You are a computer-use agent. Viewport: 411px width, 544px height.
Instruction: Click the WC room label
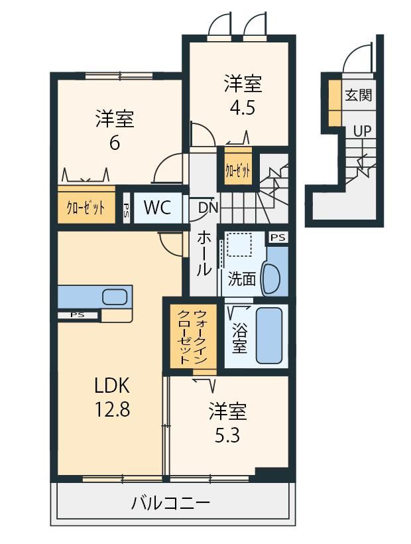coord(157,208)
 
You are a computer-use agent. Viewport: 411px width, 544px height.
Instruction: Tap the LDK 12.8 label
coord(113,397)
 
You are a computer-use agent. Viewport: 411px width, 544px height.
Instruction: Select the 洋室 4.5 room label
coord(243,94)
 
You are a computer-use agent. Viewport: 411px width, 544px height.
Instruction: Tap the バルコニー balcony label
coord(170,503)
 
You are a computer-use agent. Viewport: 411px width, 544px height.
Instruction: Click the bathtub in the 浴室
coord(269,335)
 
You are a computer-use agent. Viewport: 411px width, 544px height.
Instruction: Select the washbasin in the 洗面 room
coord(271,278)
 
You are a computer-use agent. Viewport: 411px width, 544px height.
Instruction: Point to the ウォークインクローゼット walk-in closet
coord(193,336)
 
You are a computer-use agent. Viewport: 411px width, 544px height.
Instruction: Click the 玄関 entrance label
coord(359,95)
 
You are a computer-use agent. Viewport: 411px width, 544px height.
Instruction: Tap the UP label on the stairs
coord(362,131)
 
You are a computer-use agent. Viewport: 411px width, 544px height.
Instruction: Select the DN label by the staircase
coord(208,208)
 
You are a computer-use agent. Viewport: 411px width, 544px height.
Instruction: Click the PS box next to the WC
coord(127,208)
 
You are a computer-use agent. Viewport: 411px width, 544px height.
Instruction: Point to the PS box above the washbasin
coord(278,238)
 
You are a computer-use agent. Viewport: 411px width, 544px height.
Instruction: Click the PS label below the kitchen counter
coord(78,315)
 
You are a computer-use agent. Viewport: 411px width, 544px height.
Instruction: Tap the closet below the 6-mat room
coord(86,208)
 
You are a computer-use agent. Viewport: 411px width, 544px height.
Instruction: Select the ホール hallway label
coord(204,254)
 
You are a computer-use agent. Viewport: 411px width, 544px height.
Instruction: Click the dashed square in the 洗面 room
coord(239,245)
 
